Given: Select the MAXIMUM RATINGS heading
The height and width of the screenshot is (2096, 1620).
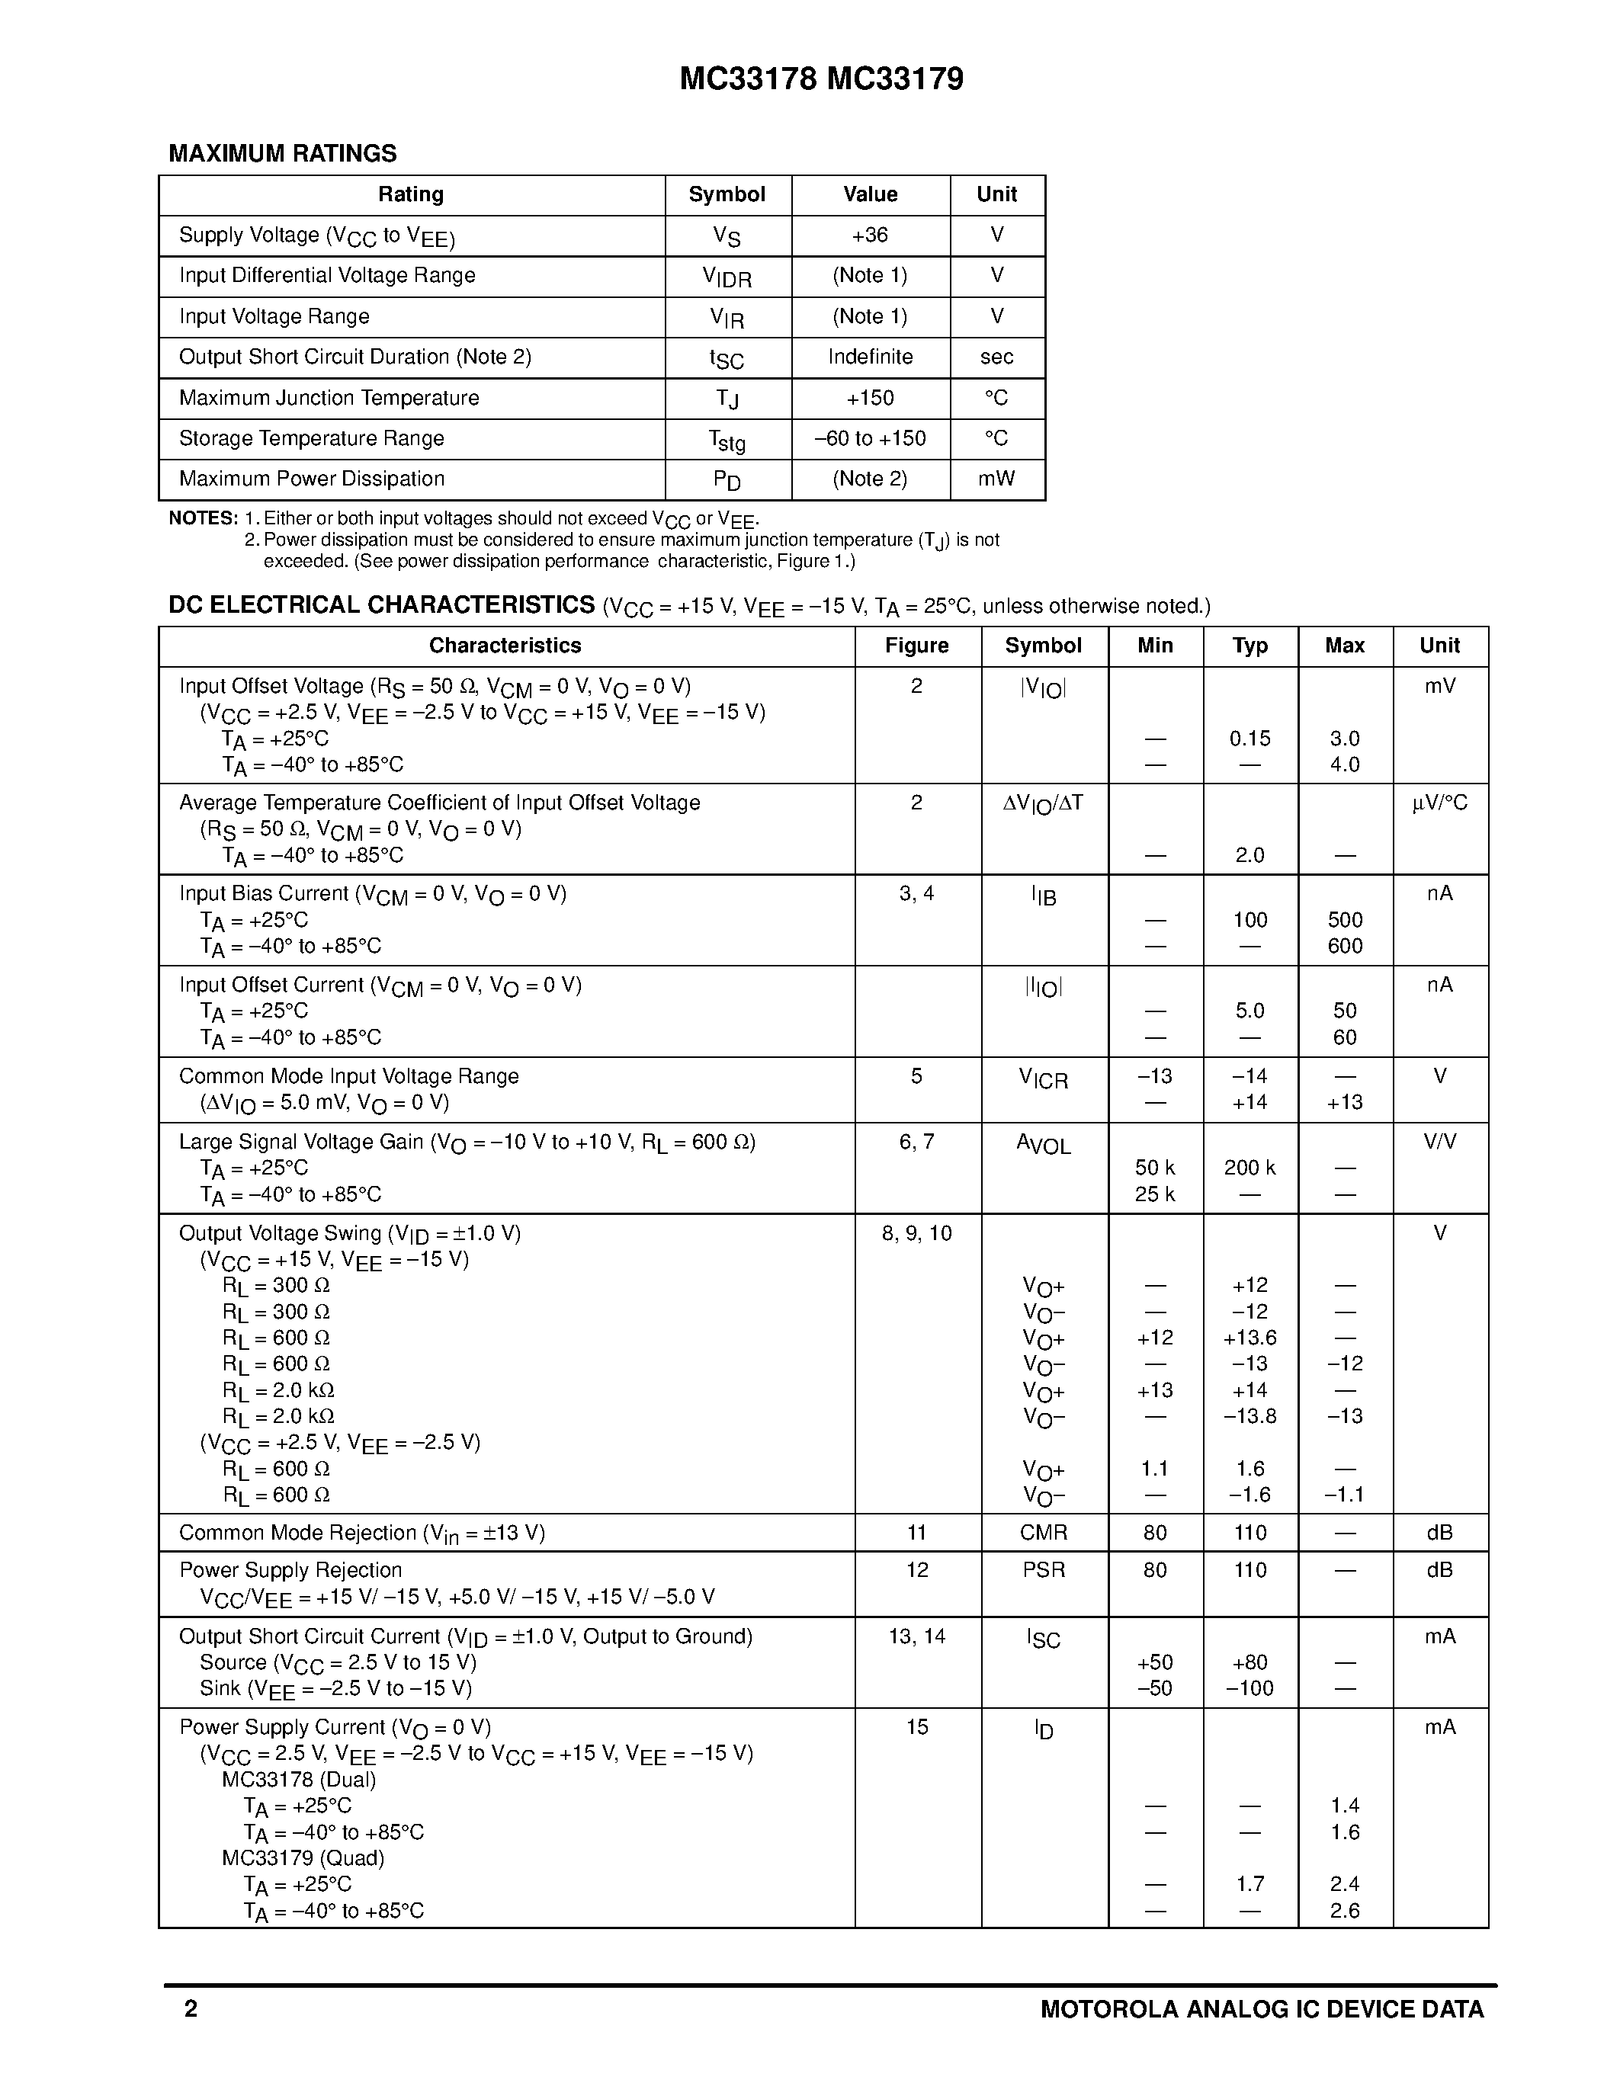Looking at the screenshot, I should tap(282, 153).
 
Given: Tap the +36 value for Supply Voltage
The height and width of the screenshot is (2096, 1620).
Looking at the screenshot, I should tap(870, 235).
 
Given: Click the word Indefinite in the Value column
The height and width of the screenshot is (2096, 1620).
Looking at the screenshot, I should tap(870, 357).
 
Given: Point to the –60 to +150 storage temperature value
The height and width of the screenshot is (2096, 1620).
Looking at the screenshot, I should tap(870, 438).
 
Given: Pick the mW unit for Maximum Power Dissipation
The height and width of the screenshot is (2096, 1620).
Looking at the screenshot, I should tap(996, 479).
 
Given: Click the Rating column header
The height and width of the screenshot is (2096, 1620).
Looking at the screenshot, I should tap(411, 195).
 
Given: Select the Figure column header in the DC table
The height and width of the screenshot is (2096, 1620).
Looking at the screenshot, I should tap(916, 646).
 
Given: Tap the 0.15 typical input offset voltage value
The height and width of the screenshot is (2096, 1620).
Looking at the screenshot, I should tap(1249, 739).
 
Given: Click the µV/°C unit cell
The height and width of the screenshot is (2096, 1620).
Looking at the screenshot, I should tap(1439, 803).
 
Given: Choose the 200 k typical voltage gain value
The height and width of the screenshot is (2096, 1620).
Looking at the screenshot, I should tap(1249, 1168).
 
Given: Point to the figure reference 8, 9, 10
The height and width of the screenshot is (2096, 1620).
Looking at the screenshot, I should tap(916, 1233).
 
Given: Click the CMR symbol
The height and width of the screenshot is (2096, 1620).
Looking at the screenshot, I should tap(1043, 1533).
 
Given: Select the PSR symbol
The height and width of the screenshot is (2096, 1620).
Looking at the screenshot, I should tap(1043, 1570).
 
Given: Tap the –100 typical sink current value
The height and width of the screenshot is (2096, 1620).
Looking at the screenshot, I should tap(1249, 1688).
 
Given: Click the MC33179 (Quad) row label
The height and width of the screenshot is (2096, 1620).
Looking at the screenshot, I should tap(303, 1858).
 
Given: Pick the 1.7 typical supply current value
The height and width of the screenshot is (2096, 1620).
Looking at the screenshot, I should tap(1249, 1884).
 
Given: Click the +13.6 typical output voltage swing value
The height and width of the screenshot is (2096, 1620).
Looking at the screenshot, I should tap(1249, 1338).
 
